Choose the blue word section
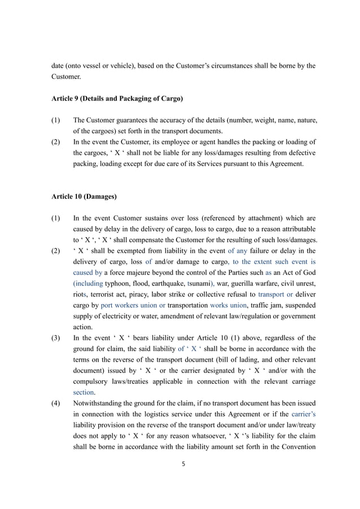tap(84, 391)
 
